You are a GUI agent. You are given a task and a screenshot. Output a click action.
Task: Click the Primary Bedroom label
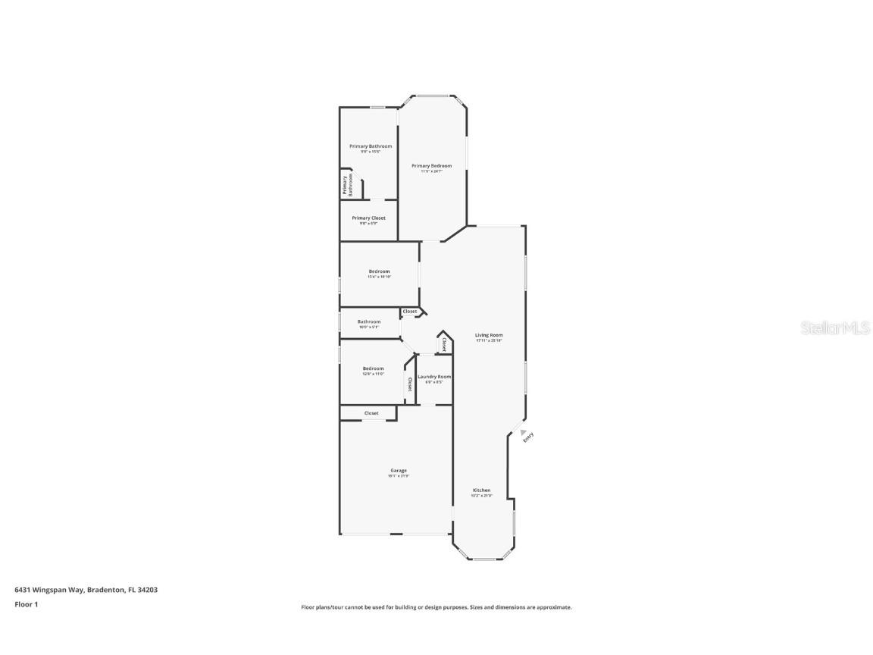point(431,165)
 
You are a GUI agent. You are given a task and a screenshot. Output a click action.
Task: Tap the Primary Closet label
point(368,218)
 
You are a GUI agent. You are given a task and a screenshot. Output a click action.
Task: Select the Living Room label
point(489,335)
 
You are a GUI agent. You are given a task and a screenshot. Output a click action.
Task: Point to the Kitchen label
point(482,490)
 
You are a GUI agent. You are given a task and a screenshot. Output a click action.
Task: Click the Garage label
point(399,470)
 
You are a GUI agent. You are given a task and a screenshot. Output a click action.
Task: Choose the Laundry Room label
point(434,377)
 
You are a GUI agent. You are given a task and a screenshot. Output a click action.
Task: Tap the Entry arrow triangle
point(522,432)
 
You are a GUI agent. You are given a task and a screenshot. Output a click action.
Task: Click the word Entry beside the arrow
point(528,436)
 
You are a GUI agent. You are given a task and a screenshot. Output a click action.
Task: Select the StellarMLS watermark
point(831,328)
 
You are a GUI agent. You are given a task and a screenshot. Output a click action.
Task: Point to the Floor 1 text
point(26,604)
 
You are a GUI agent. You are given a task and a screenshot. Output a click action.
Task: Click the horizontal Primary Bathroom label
point(371,146)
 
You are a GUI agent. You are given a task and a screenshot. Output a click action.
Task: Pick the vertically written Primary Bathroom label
point(347,186)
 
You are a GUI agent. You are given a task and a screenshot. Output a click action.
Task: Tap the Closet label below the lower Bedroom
point(371,413)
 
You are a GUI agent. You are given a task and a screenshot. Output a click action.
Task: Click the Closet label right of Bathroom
point(410,312)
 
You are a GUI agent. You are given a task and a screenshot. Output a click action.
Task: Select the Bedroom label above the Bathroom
point(379,271)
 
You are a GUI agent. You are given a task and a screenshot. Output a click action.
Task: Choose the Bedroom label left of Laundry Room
point(373,368)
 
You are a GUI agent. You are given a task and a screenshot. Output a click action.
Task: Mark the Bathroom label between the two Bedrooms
point(369,321)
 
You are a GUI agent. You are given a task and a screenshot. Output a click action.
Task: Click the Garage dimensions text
point(399,476)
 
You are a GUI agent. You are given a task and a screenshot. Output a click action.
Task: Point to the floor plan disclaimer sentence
point(436,607)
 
